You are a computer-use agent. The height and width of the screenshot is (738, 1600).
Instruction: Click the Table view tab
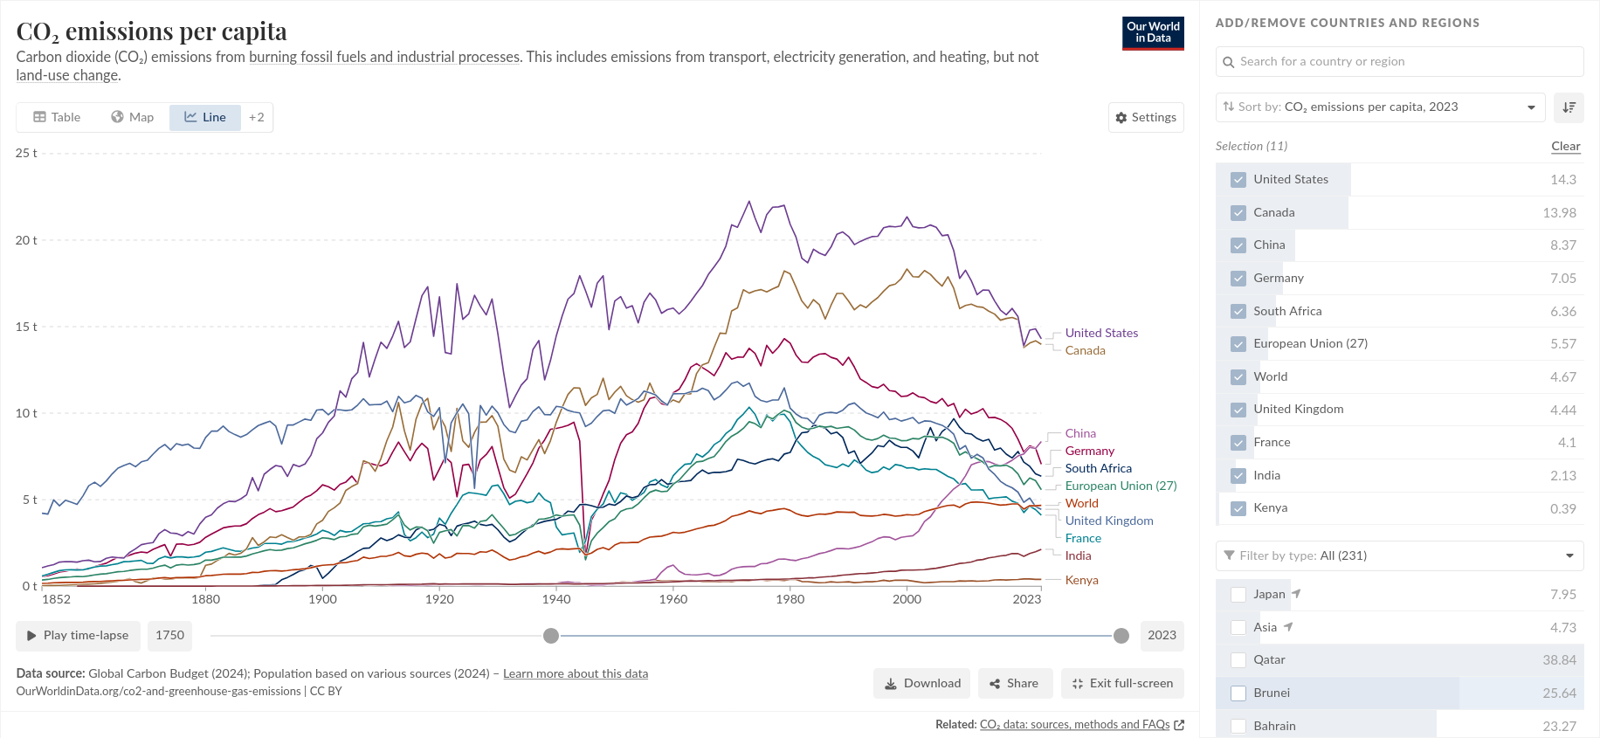(x=57, y=117)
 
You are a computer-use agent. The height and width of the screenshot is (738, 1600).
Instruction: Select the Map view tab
(x=132, y=117)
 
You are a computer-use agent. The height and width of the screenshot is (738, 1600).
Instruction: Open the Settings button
(x=1146, y=117)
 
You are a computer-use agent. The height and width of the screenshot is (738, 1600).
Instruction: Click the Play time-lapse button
(x=78, y=635)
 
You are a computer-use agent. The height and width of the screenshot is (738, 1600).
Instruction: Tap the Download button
(x=922, y=683)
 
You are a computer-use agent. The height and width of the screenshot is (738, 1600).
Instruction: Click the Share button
(x=1013, y=683)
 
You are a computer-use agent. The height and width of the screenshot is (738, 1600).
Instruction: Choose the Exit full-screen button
(x=1122, y=683)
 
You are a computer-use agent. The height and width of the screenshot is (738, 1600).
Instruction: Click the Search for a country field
(x=1399, y=62)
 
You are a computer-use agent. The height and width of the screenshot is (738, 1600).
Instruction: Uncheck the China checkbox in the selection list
(x=1238, y=245)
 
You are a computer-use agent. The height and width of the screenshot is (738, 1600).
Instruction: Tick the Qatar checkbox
(x=1238, y=660)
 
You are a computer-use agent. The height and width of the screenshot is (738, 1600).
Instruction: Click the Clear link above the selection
(x=1565, y=146)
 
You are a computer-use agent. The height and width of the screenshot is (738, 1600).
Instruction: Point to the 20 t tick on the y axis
(x=26, y=240)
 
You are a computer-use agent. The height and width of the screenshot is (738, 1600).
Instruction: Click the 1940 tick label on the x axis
(x=556, y=599)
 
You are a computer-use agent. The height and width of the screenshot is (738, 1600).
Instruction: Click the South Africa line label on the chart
(x=1098, y=468)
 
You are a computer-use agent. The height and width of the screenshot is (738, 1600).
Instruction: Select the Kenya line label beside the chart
(x=1081, y=580)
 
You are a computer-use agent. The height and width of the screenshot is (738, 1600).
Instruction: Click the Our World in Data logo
(x=1153, y=33)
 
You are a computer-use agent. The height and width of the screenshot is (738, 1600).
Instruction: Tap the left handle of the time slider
(x=551, y=636)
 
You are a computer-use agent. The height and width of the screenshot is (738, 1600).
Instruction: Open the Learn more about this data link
(x=575, y=673)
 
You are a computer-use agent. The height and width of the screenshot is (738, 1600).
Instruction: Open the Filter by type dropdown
(x=1399, y=555)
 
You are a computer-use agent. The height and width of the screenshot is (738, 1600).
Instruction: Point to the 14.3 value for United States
(x=1562, y=180)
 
